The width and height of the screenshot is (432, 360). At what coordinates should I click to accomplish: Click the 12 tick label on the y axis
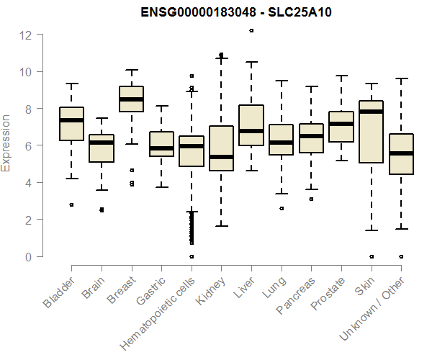click(27, 35)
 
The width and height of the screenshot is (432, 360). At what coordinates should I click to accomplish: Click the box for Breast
click(131, 99)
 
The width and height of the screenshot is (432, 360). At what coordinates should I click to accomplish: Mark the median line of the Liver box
click(251, 131)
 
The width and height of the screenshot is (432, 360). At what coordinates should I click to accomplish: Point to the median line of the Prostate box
click(341, 124)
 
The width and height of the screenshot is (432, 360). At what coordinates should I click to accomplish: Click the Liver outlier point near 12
click(251, 31)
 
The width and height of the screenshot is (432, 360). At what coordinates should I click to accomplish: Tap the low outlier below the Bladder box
click(71, 204)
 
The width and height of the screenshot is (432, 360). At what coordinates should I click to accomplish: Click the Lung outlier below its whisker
click(281, 208)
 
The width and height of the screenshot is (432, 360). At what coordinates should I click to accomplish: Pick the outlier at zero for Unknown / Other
click(400, 256)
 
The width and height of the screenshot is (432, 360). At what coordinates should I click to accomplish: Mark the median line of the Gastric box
click(161, 148)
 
